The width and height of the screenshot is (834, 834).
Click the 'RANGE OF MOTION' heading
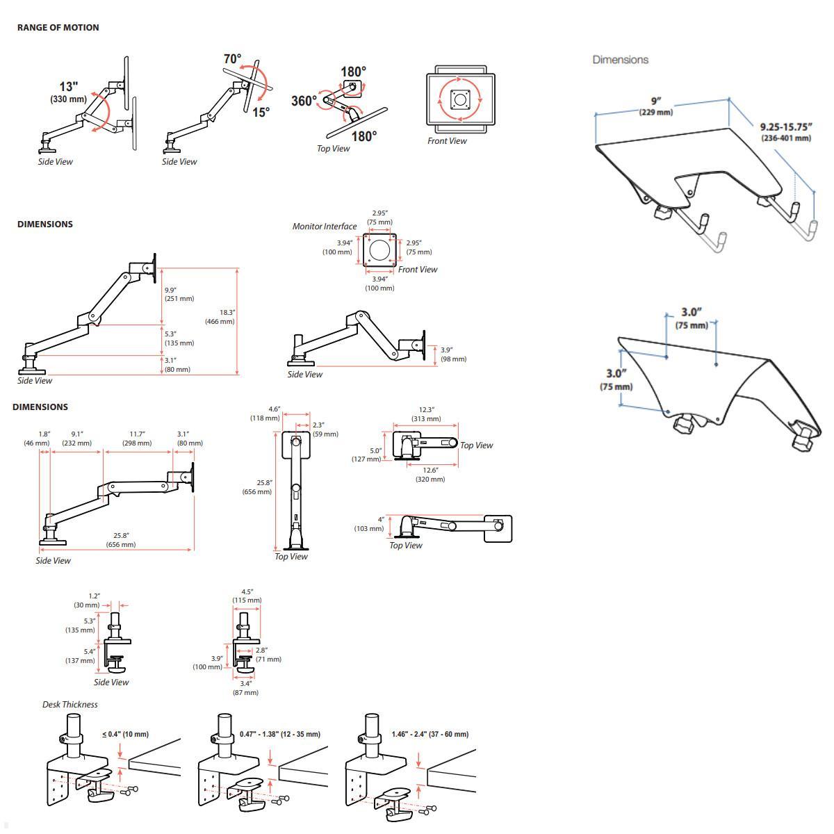58,28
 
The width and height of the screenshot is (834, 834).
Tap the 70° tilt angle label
232,60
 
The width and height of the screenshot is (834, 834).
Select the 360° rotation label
304,101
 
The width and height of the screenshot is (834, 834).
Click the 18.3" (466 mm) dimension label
220,317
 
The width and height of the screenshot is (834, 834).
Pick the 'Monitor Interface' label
324,227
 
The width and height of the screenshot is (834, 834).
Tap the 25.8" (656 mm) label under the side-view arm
121,540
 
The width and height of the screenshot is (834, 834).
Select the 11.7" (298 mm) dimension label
137,439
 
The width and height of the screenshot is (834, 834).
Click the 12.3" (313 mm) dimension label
426,414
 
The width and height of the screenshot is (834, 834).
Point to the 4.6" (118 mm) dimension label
265,414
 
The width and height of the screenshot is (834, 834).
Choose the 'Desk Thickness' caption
69,705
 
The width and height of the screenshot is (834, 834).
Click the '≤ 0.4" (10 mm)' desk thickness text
125,735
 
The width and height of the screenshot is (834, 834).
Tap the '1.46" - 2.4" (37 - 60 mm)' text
430,735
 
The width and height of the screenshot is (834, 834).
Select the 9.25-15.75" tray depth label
785,132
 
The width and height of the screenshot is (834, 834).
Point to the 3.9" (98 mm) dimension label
453,354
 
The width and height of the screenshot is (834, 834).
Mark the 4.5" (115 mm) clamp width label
247,596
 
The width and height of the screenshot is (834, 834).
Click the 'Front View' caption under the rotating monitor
447,141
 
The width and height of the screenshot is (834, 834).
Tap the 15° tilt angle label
261,113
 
